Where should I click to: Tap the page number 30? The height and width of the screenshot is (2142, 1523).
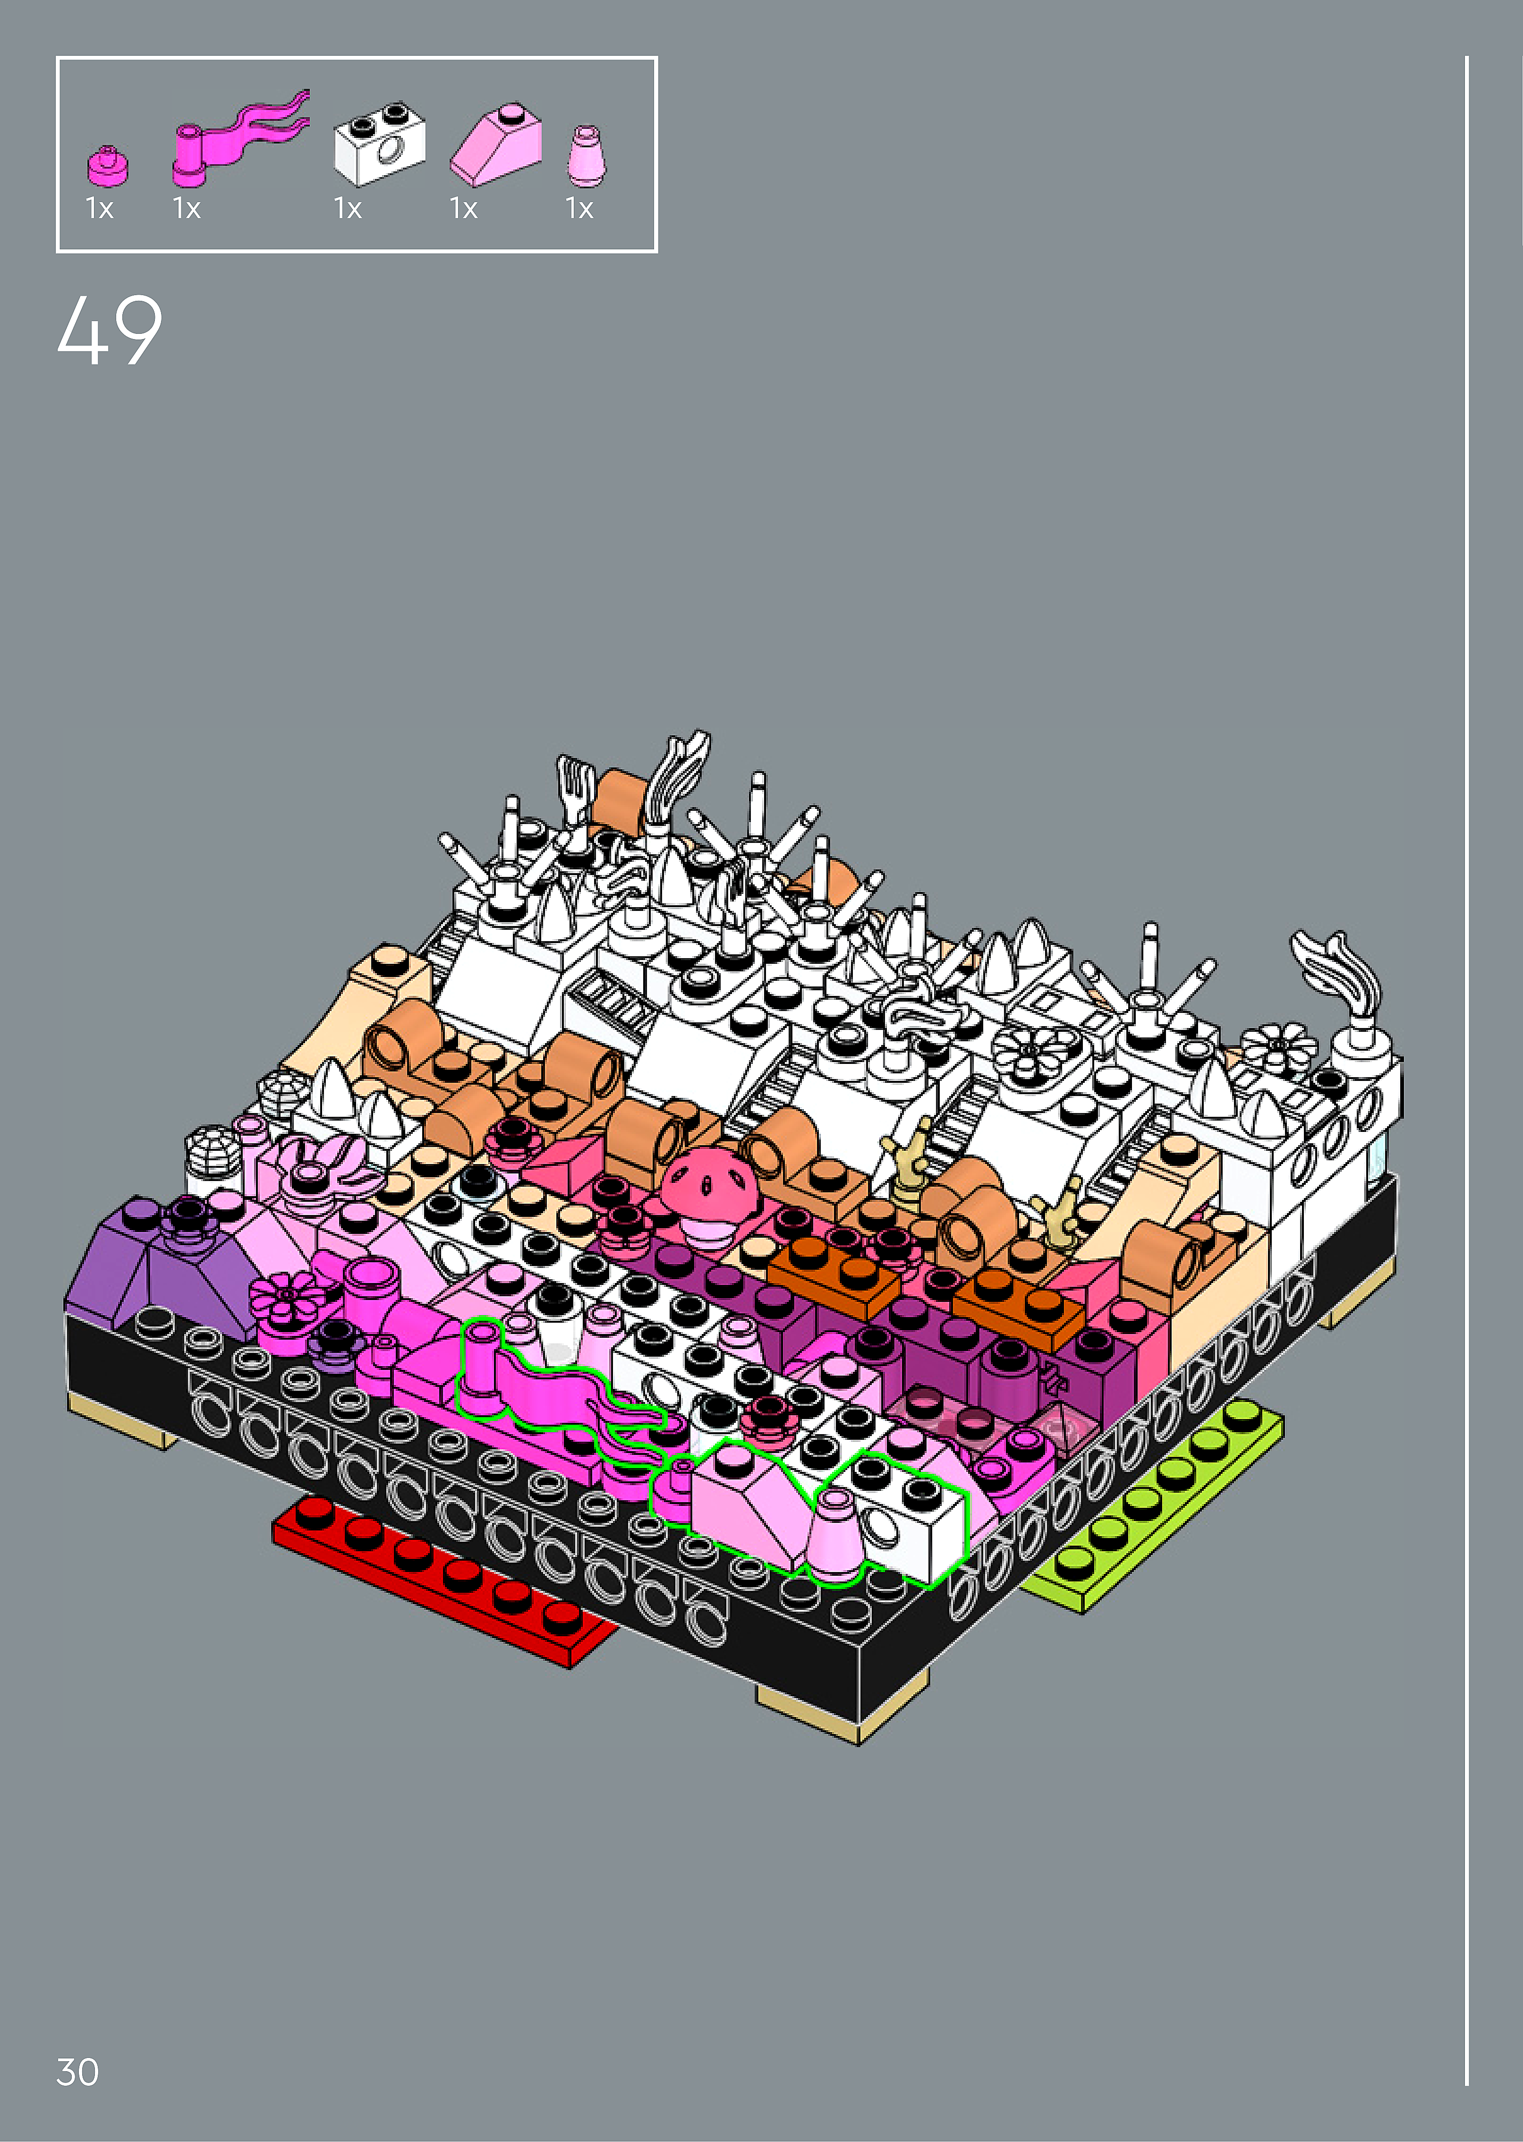[x=78, y=2072]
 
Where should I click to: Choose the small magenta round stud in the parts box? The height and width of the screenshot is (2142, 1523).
[x=108, y=166]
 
